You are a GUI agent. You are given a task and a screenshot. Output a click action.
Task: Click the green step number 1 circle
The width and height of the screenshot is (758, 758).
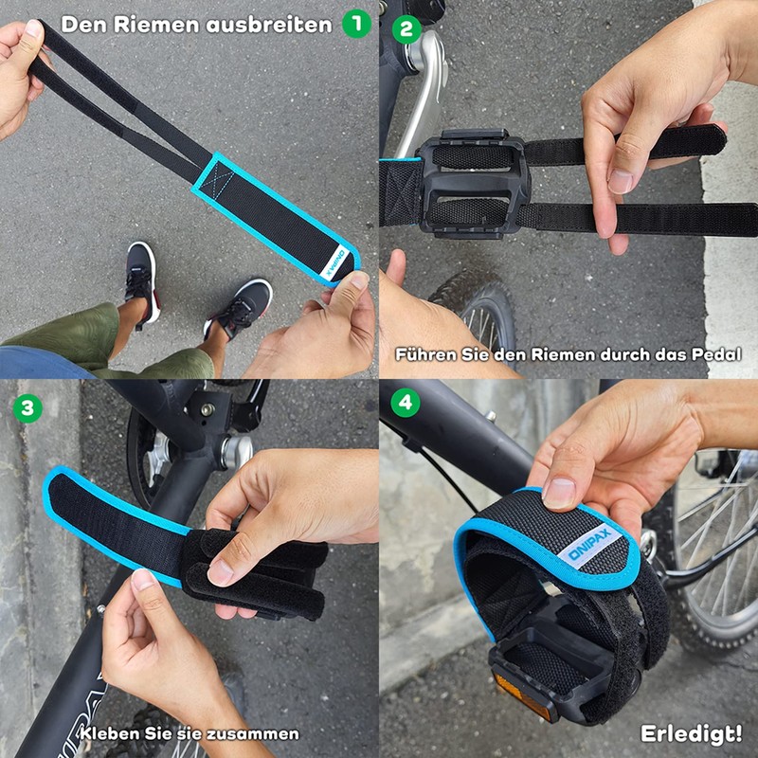[x=356, y=23]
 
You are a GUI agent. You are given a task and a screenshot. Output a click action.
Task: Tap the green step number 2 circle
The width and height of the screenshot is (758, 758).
[x=406, y=27]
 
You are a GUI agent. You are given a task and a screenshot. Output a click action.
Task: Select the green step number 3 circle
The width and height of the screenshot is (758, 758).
[x=28, y=407]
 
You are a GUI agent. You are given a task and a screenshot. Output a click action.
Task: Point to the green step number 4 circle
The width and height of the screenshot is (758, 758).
[x=406, y=402]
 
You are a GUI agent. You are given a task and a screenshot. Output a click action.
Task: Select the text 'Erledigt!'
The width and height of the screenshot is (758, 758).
[x=691, y=733]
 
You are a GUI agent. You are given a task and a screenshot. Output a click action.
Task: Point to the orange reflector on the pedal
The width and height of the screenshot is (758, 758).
[x=522, y=692]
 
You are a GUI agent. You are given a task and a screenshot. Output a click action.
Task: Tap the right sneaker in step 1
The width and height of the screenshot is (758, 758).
[x=241, y=307]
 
